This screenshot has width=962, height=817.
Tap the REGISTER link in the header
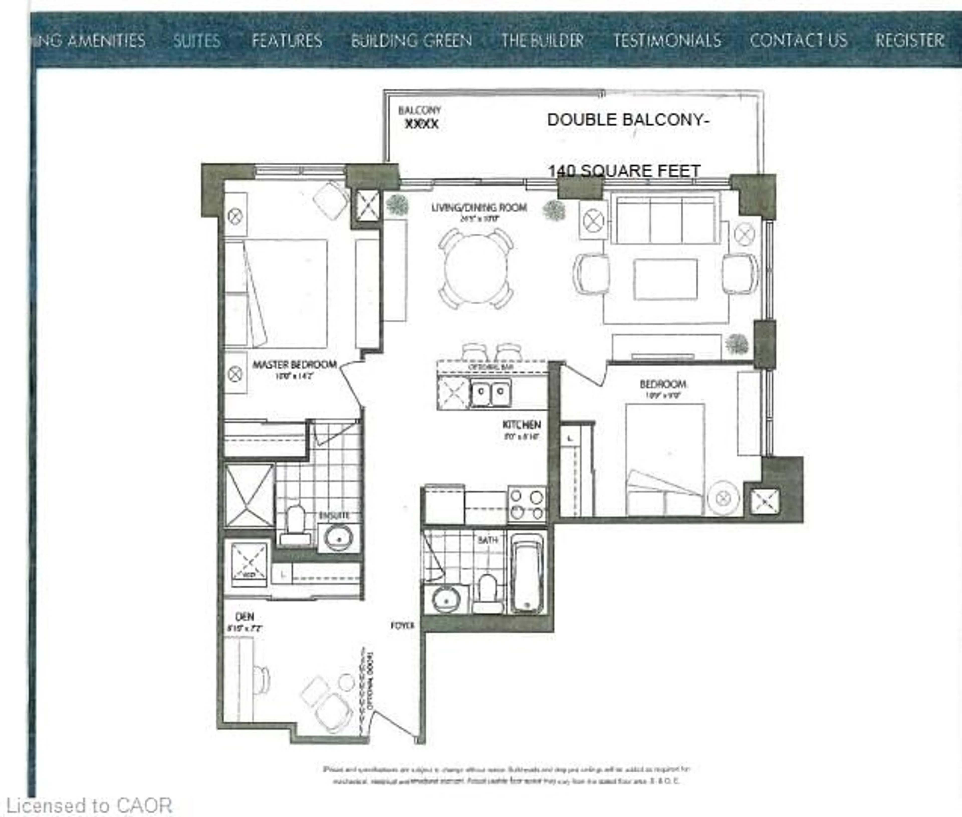(x=909, y=41)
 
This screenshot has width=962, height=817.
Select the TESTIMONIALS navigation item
(x=667, y=41)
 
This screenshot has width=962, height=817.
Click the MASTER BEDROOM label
(x=295, y=365)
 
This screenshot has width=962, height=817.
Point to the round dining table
(x=476, y=269)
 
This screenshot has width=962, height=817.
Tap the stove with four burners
(x=527, y=505)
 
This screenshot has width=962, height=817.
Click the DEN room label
(x=245, y=617)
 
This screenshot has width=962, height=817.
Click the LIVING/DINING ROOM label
(x=479, y=207)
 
